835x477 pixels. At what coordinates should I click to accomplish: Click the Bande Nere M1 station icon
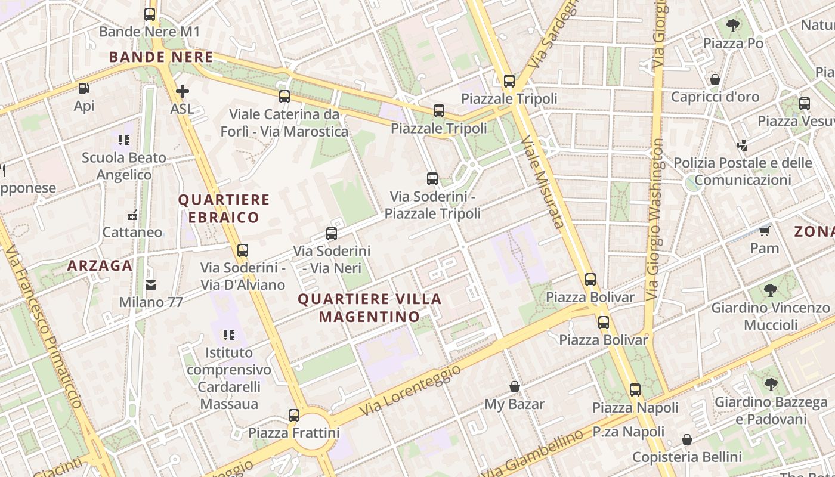[150, 14]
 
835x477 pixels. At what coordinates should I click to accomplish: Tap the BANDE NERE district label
[161, 57]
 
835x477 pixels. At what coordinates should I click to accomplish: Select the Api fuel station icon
[84, 88]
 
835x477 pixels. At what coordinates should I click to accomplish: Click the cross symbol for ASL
[183, 91]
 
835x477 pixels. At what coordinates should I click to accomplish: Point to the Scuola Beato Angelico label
[124, 166]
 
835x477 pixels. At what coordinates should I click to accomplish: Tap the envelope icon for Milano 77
[151, 285]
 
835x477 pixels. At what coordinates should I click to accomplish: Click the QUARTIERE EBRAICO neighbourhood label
[224, 208]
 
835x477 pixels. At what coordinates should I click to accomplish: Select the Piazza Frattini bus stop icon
[294, 415]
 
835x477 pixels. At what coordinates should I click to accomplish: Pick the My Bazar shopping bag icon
[515, 386]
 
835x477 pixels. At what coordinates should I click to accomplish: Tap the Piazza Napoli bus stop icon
[635, 390]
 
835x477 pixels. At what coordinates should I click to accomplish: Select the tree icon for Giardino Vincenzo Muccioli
[770, 290]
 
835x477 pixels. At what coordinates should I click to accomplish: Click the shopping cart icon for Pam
[765, 231]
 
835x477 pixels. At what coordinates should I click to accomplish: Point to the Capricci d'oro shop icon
[715, 79]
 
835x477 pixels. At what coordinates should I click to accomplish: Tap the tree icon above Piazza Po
[733, 26]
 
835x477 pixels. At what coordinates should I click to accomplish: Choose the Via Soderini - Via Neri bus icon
[332, 234]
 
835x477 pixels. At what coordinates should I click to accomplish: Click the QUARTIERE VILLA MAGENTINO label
[370, 308]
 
